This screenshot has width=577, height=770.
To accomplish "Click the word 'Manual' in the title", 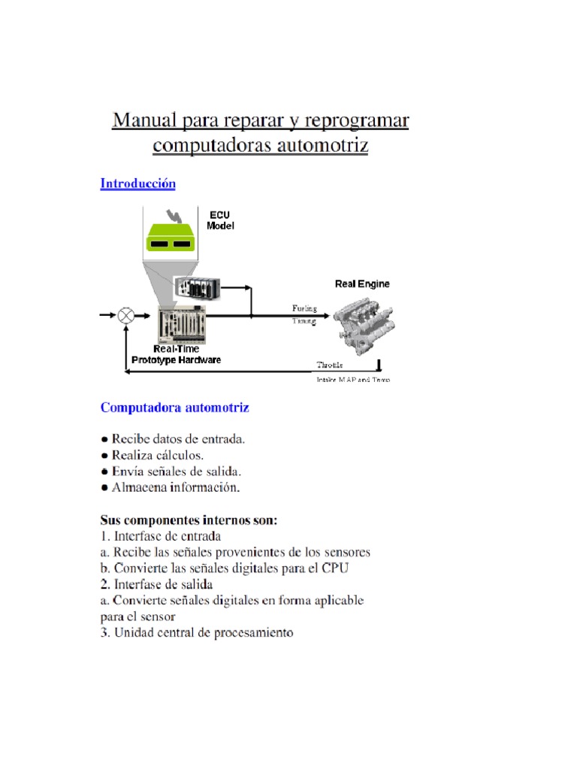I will coord(144,120).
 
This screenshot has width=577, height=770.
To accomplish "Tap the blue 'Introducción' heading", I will coord(138,183).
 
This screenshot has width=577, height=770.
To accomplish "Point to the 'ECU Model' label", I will coord(220,220).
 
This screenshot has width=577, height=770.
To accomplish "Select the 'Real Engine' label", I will coord(362,284).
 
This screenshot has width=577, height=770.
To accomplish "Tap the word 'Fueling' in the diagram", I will coord(304,308).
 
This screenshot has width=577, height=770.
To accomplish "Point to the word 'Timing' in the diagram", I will coord(304,321).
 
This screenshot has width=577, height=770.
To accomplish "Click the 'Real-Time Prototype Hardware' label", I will coord(177,354).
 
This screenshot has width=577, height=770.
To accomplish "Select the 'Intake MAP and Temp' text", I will coord(352,380).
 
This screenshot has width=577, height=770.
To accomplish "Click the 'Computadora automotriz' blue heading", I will coord(175,408).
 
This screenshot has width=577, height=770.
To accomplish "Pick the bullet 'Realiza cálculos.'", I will coord(157,455).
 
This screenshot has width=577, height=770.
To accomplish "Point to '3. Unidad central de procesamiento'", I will coord(197,633).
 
